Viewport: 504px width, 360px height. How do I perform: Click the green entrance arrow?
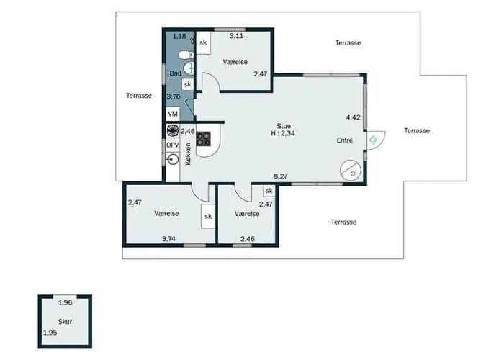373,140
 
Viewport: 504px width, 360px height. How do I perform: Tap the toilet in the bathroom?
186,55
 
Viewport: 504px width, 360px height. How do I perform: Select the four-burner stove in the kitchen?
204,139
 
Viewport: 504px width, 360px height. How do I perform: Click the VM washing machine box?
173,114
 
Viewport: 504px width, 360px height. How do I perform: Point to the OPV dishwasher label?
173,145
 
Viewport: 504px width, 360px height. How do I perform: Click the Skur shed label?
65,321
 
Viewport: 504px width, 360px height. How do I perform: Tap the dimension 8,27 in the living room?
281,176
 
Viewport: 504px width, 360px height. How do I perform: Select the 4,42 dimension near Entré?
353,117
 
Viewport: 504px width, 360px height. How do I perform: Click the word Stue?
284,126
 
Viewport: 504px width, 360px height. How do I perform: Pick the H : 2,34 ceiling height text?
283,133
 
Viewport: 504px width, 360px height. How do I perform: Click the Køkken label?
188,154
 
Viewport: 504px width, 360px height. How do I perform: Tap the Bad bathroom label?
175,73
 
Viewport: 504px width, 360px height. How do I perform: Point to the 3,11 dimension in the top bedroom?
236,36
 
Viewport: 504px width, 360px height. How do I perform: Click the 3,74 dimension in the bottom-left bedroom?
168,239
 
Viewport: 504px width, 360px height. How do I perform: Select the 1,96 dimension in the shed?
66,302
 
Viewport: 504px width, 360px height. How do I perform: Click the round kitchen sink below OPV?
173,159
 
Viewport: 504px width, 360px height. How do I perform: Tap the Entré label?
345,140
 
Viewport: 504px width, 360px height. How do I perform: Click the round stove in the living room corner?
349,170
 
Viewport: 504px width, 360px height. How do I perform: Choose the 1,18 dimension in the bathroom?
179,36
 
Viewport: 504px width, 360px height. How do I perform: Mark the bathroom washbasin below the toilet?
189,68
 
